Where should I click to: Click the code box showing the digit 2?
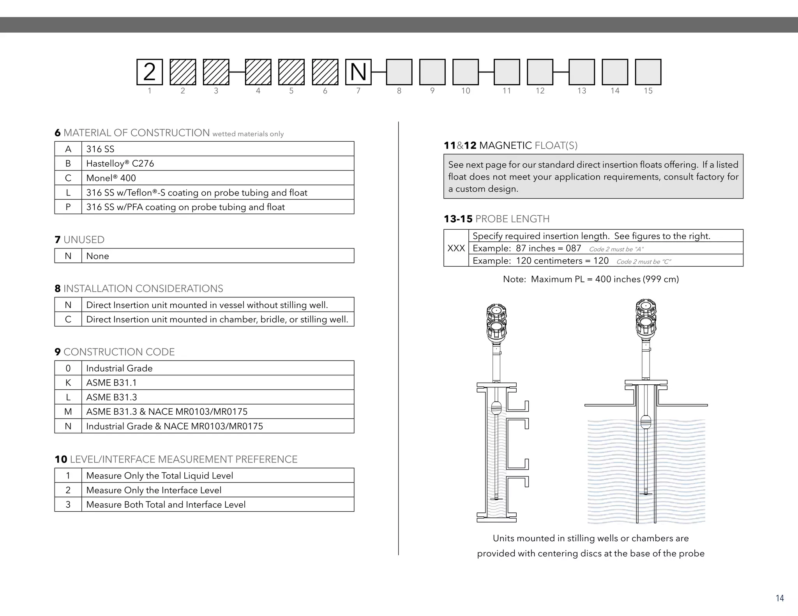coord(149,72)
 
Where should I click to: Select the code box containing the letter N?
coord(358,72)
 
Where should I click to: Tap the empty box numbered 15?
coord(648,72)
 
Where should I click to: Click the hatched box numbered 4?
coord(258,72)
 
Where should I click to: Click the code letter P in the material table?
coord(68,207)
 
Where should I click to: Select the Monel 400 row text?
coord(111,178)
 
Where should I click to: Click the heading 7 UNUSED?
coord(80,239)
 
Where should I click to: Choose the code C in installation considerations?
coord(68,319)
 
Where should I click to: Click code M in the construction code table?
coord(68,412)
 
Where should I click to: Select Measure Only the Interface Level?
coord(154,490)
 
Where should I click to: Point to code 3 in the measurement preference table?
coord(68,505)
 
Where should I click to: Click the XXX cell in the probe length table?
coord(456,248)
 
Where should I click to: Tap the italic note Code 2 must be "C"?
coord(643,262)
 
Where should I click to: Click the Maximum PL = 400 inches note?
coord(591,279)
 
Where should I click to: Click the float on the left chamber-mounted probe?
coord(496,408)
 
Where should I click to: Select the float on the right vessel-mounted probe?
coord(646,422)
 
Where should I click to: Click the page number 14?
coord(779,598)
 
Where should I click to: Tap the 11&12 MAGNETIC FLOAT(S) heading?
coord(510,146)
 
